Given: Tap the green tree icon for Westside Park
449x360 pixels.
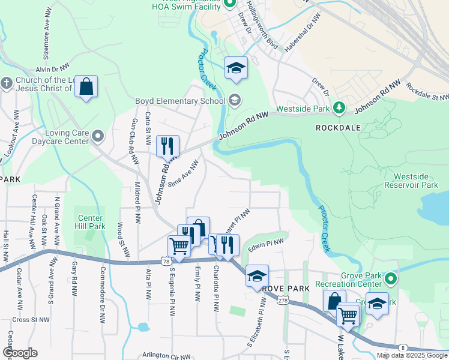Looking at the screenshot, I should click(x=339, y=107).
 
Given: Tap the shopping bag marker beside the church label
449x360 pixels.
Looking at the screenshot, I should click(x=86, y=88).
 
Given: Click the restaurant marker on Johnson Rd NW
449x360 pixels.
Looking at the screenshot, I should click(x=167, y=146).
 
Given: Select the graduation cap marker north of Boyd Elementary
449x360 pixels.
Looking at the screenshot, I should click(x=237, y=68).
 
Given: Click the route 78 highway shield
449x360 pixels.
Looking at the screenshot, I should click(x=165, y=261).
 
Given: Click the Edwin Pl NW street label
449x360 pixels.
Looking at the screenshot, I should click(x=265, y=245).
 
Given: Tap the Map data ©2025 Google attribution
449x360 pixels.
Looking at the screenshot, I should click(x=411, y=355).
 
